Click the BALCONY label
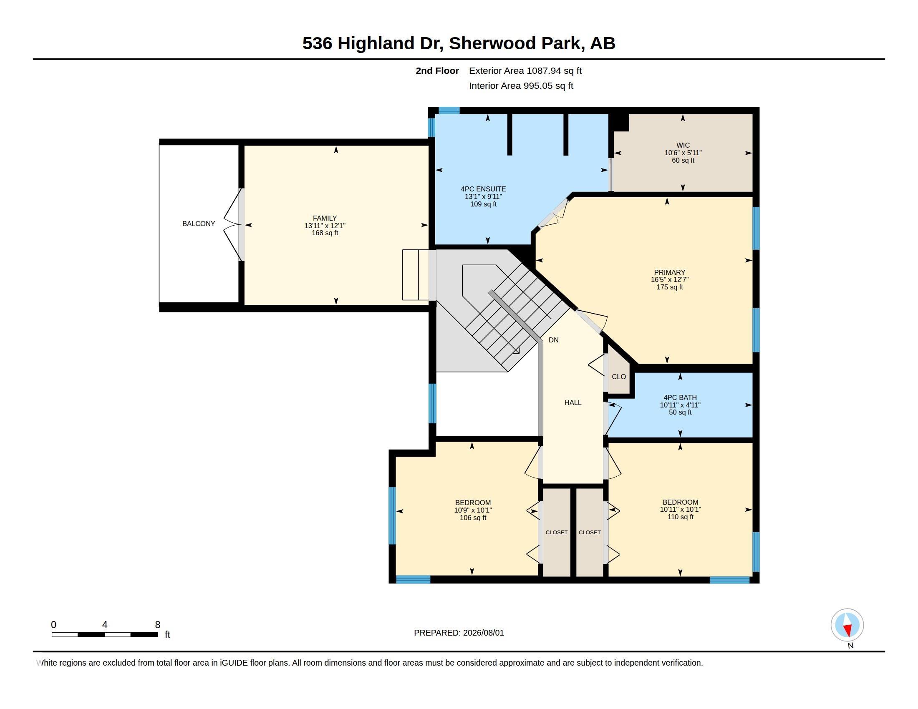click(198, 224)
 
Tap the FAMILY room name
click(325, 218)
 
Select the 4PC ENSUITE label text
click(483, 189)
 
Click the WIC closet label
click(683, 145)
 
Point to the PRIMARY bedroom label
click(670, 272)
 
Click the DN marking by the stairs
click(554, 340)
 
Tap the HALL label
click(573, 402)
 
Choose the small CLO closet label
click(619, 377)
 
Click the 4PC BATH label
click(680, 397)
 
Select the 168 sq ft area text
click(325, 233)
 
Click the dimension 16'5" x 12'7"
click(670, 280)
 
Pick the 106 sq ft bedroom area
click(473, 518)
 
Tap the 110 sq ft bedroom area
click(681, 517)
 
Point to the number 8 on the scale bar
click(158, 625)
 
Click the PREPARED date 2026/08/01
click(483, 633)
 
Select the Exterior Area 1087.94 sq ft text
click(525, 70)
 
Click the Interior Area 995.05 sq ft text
click(521, 85)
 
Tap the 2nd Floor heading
click(437, 70)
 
